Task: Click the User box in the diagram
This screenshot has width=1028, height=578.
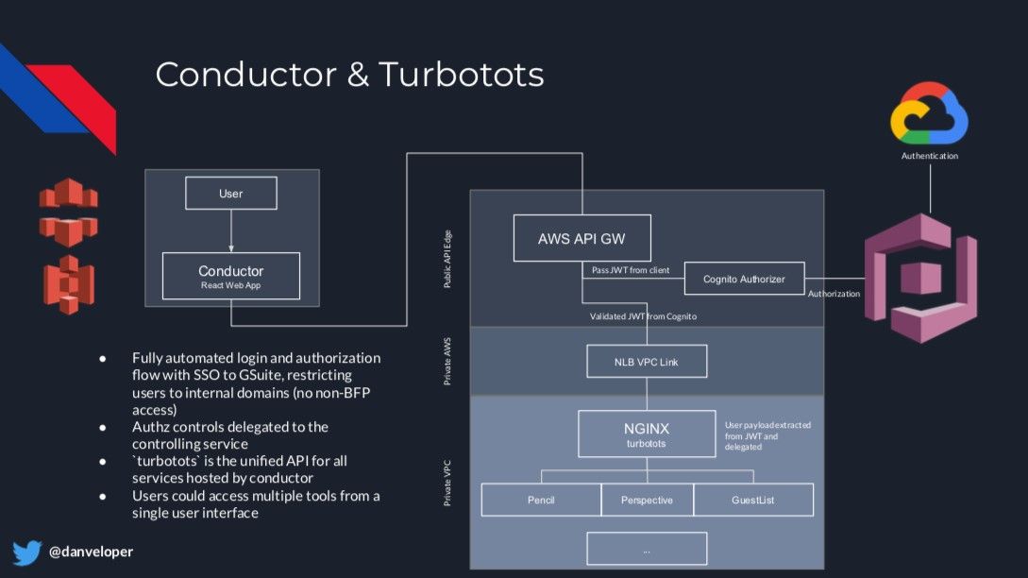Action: pos(230,193)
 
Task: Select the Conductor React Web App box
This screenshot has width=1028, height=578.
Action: pos(230,276)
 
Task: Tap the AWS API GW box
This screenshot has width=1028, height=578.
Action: pos(581,238)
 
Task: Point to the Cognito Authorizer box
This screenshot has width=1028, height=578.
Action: pos(744,279)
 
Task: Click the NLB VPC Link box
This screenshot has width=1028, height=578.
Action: pos(647,362)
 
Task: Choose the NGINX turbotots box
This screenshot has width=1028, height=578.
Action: pos(647,433)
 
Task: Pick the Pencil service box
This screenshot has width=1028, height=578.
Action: pos(541,500)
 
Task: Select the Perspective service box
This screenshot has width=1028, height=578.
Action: pos(647,500)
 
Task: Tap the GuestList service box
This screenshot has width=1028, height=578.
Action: pos(753,500)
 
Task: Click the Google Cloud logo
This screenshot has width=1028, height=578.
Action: pos(929,113)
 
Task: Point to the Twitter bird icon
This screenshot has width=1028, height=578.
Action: pos(26,552)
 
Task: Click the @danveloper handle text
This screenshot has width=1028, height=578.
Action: pos(92,552)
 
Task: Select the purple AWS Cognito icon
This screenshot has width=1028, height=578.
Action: pos(920,279)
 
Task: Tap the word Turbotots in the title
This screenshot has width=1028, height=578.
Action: pos(462,74)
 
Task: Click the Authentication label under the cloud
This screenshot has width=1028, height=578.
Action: pos(930,156)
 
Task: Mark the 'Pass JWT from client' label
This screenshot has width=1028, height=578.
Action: pos(631,270)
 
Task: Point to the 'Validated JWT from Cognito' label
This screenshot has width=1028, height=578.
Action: pos(643,316)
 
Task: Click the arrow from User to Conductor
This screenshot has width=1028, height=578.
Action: pos(230,231)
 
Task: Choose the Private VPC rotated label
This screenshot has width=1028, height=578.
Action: pos(447,483)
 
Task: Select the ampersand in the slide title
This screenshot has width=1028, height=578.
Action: pos(358,74)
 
